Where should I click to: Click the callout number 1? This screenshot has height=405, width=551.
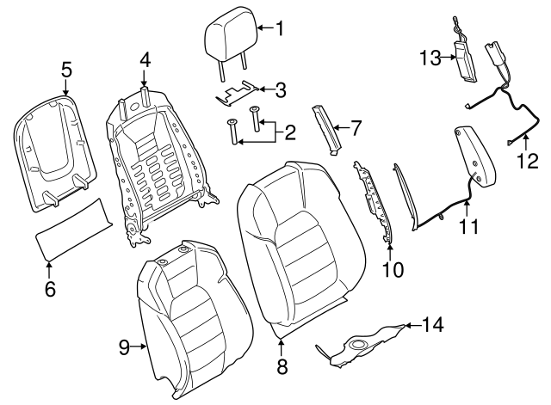(278, 28)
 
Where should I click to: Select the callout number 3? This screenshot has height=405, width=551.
(281, 89)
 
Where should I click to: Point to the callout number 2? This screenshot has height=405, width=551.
(290, 132)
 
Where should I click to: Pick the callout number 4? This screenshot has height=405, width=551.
(145, 60)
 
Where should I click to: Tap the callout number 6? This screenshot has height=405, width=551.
(50, 290)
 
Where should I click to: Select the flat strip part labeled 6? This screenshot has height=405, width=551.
(74, 227)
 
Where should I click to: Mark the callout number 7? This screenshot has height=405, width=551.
(356, 128)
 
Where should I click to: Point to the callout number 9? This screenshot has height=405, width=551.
(123, 347)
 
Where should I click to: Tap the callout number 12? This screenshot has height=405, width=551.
(531, 160)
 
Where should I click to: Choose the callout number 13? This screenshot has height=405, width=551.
(430, 58)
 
